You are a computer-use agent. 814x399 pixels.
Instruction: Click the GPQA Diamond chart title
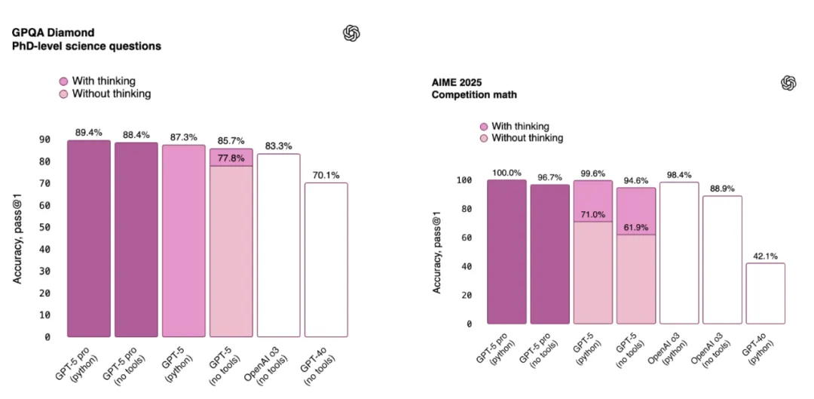point(86,39)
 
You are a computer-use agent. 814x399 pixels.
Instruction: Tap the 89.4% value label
point(89,133)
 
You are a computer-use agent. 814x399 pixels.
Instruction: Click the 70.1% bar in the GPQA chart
point(326,259)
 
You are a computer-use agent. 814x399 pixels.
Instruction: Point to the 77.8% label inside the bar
point(231,158)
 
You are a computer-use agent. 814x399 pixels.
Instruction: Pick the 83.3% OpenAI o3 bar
point(279,245)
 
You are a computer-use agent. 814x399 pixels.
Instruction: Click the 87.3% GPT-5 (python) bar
point(184,241)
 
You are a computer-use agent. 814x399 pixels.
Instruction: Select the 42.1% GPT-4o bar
point(765,293)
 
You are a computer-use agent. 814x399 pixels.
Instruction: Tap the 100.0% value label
point(506,173)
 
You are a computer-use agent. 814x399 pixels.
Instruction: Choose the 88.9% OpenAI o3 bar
point(722,259)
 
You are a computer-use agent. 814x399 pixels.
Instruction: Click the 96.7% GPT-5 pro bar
point(549,255)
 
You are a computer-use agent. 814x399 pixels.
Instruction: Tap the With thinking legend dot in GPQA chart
point(64,81)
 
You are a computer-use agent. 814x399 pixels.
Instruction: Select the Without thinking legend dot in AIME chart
point(484,139)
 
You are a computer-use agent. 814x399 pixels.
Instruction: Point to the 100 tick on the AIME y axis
point(464,180)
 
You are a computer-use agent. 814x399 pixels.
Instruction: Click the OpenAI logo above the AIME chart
point(788,83)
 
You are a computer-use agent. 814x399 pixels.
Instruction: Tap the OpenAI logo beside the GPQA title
point(351,34)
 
